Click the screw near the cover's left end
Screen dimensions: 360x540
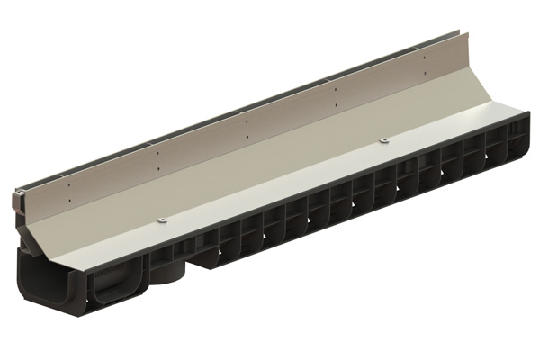162,220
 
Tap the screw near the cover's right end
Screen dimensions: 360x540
383,140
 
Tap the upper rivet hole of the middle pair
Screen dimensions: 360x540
247,114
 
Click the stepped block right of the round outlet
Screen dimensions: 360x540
203,261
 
